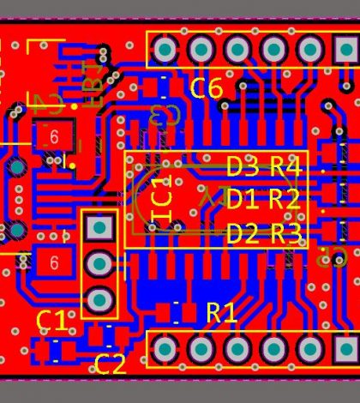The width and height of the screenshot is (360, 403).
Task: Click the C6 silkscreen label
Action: click(206, 87)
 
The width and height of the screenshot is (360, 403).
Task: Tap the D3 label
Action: click(242, 166)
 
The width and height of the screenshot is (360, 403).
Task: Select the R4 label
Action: click(285, 166)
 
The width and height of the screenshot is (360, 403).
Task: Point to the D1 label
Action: click(242, 200)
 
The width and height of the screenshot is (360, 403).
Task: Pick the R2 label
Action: click(285, 200)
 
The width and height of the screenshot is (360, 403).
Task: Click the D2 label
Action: click(242, 233)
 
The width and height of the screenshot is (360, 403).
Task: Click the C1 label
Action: click(51, 322)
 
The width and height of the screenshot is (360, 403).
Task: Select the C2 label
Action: click(110, 364)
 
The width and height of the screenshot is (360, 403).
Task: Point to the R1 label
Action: click(221, 313)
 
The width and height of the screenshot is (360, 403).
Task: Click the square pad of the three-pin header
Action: click(100, 227)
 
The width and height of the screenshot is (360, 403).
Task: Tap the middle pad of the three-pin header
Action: click(100, 263)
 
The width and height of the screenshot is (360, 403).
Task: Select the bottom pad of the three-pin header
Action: click(100, 299)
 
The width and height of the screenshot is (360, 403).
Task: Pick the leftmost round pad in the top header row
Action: click(165, 50)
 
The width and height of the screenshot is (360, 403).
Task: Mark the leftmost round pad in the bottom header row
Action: click(165, 348)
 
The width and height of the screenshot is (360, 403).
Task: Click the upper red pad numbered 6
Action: click(53, 136)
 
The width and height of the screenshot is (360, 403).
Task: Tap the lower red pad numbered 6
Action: click(54, 262)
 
